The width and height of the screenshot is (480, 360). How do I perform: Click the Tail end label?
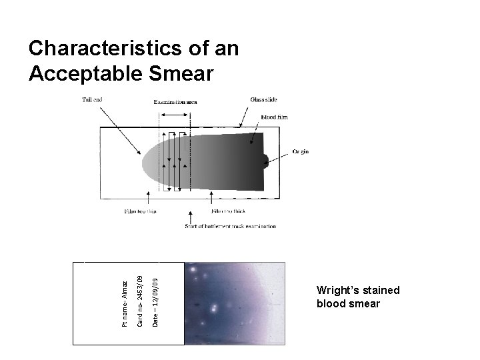coord(92,100)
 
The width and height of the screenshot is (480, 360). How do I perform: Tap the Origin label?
coord(301,151)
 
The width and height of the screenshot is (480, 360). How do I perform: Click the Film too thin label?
coord(141,213)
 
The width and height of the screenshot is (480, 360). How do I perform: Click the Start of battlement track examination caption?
coord(231,227)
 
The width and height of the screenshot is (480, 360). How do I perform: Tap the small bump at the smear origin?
coord(265,160)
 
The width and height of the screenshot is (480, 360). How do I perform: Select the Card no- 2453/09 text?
coord(139,301)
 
